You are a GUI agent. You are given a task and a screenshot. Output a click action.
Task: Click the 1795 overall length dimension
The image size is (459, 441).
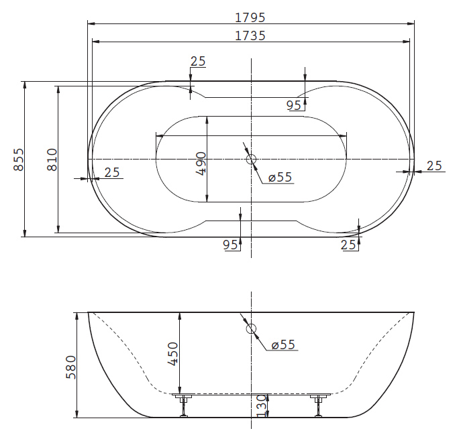[x=250, y=17]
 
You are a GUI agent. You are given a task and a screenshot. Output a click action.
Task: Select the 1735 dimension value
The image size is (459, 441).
[x=250, y=36]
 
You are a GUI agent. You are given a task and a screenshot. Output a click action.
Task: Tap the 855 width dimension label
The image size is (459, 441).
[x=18, y=160]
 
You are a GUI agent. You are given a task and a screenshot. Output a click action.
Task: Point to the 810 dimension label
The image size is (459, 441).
[x=52, y=160]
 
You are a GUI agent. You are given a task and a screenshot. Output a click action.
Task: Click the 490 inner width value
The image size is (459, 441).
[x=201, y=164]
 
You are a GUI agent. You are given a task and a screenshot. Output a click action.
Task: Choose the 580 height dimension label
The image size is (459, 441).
[x=71, y=367]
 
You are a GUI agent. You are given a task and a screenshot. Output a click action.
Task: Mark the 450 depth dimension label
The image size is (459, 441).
[x=172, y=354]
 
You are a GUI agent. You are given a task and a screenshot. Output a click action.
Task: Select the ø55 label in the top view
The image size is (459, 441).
[x=280, y=177]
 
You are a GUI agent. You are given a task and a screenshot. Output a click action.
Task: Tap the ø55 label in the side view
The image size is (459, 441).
[x=283, y=344]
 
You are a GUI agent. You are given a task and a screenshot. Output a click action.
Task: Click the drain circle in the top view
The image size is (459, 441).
[x=251, y=160]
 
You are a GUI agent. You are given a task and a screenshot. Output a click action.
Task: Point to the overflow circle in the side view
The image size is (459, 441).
[x=251, y=328]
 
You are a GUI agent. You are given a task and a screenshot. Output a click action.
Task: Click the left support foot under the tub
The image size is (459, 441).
[x=184, y=405]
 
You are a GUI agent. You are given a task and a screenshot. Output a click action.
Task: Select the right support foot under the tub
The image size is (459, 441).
[x=319, y=405]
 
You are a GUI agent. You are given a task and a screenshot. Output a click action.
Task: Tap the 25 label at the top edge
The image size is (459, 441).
[x=198, y=62]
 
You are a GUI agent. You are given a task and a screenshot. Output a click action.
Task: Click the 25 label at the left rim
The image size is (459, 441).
[x=112, y=172]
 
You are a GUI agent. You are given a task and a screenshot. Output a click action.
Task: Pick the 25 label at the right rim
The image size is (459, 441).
[x=434, y=166]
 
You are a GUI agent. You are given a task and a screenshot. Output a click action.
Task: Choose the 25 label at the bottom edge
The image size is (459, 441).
[x=348, y=245]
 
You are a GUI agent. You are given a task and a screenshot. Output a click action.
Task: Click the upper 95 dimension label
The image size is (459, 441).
[x=294, y=105]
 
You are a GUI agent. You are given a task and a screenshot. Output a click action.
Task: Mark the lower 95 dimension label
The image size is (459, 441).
[x=231, y=245]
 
